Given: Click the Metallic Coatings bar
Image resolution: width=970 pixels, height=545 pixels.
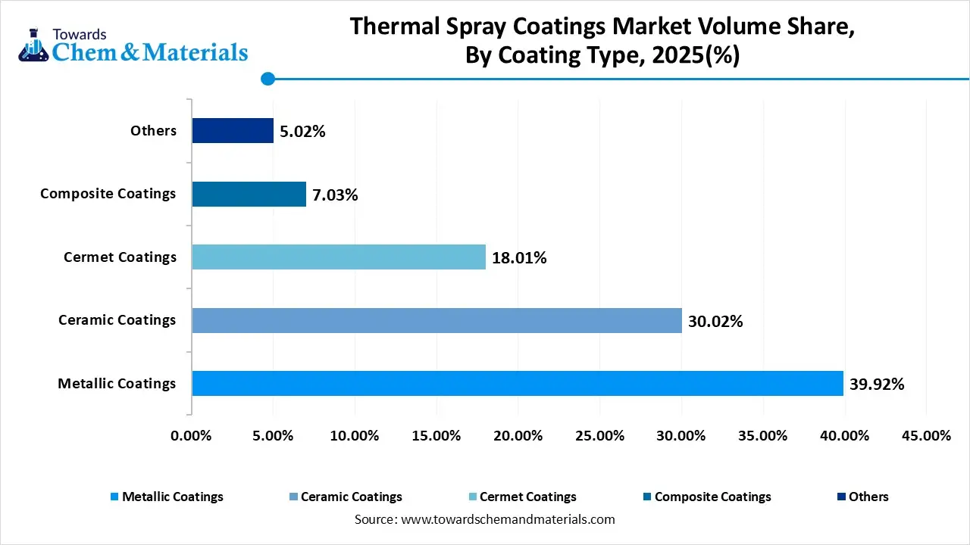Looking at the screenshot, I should [518, 383].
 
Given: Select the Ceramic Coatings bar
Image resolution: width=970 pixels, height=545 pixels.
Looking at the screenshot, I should [436, 320].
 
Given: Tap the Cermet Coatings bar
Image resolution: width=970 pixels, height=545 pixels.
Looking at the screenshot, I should [339, 257].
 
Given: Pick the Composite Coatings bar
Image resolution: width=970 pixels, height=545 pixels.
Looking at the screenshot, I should [249, 194].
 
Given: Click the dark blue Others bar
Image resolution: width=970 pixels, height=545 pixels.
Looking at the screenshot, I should [233, 130].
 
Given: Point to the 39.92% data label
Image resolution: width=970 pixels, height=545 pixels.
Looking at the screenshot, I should [877, 384].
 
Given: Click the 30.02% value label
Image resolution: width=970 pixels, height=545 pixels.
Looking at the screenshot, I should [715, 321].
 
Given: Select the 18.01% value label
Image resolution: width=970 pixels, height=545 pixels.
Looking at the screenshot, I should [519, 257].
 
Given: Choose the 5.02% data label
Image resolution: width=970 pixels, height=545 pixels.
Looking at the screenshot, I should [302, 131].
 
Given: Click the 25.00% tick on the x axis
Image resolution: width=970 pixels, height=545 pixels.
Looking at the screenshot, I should [599, 435].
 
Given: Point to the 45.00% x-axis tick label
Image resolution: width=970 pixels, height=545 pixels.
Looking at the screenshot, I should [926, 435].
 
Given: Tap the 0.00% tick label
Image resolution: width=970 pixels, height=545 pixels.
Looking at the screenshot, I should [192, 435].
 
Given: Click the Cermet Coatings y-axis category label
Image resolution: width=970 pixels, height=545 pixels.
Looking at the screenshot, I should [120, 257].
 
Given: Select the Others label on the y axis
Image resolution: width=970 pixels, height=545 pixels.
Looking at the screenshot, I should [153, 130].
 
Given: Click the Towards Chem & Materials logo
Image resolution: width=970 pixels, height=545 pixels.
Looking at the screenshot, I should [133, 44].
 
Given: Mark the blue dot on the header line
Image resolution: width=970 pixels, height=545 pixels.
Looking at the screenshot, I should [268, 78].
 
